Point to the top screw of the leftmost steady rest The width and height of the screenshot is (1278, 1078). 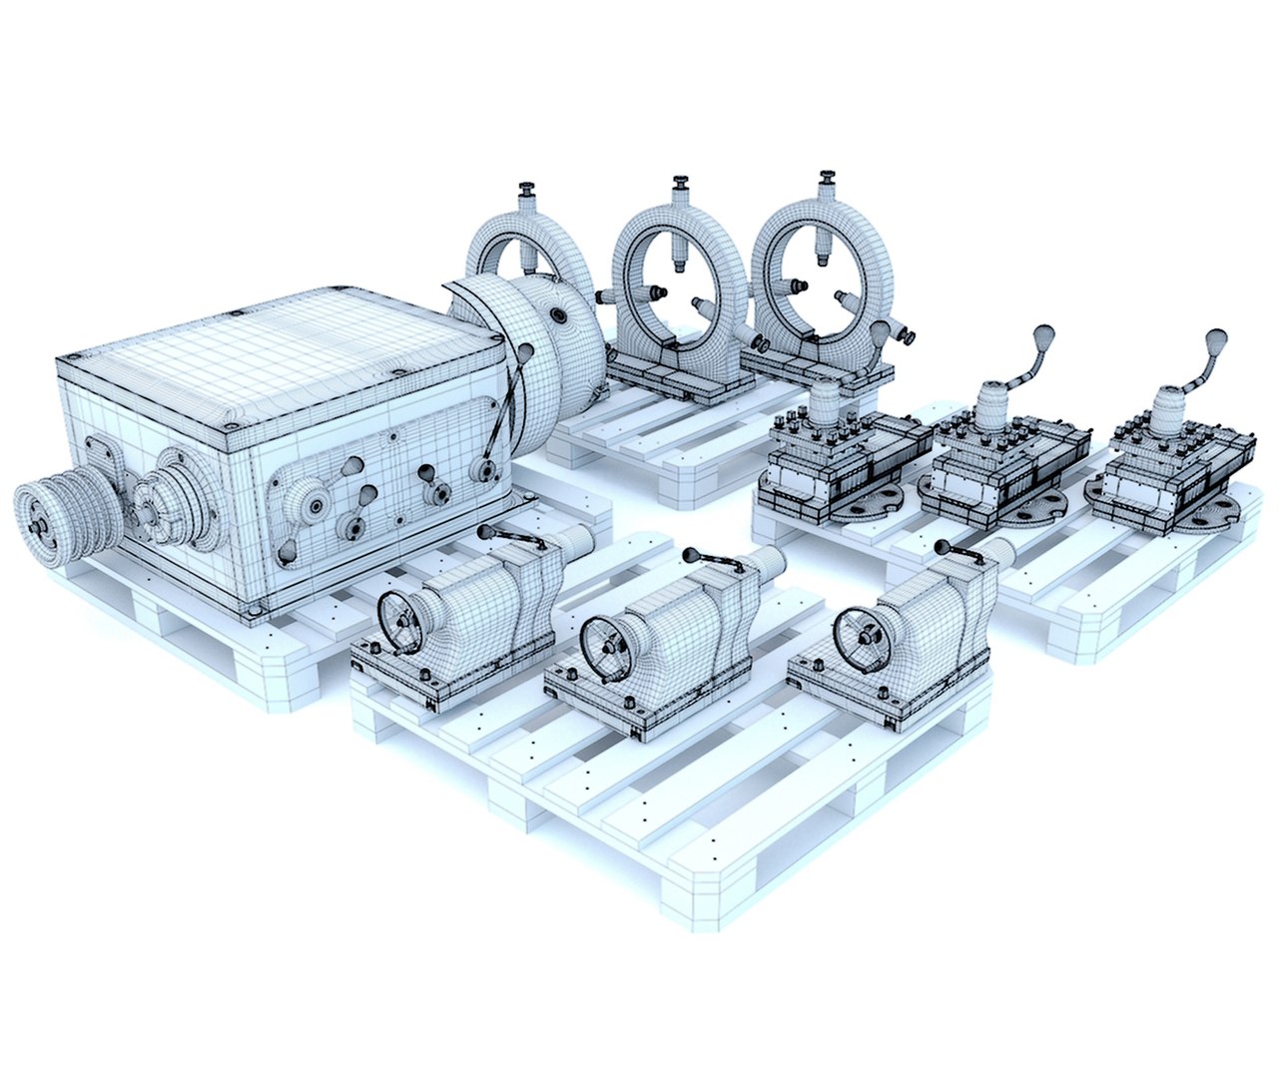point(527,193)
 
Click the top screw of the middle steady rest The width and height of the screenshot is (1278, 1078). point(681,186)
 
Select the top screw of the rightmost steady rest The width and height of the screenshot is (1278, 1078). point(826,183)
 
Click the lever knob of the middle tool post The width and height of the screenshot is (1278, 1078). point(1043,334)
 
